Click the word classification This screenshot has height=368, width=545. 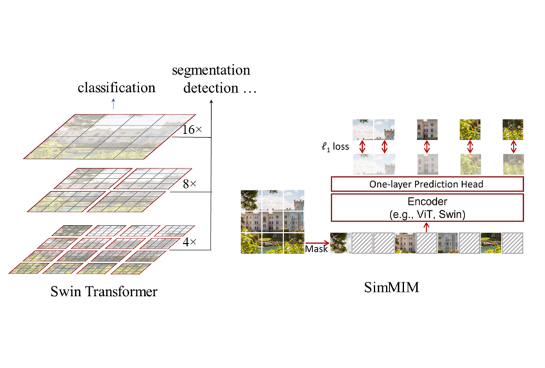pos(116,88)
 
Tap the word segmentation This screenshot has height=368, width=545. pos(211,70)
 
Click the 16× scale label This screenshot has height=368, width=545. pos(191,130)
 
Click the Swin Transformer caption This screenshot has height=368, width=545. pos(104,292)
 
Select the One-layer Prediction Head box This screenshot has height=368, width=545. pos(426,184)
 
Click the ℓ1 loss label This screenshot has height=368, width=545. pos(336,147)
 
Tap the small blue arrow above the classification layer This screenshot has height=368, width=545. pos(114,104)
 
